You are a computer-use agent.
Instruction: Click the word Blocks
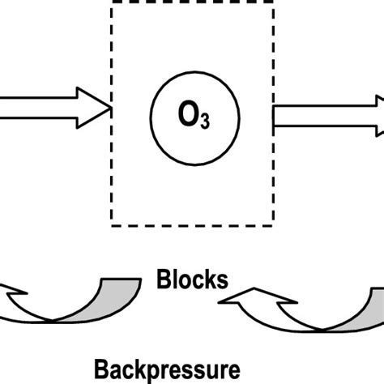pos(192,279)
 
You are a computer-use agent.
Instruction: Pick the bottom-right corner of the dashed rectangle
pos(272,223)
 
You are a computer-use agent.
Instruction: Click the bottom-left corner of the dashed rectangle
pos(112,223)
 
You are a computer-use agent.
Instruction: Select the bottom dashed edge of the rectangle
pos(192,223)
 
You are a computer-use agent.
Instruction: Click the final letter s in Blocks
pos(223,280)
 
